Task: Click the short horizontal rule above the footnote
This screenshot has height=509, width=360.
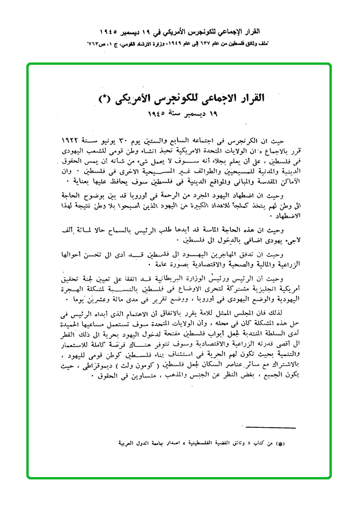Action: pyautogui.click(x=271, y=428)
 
